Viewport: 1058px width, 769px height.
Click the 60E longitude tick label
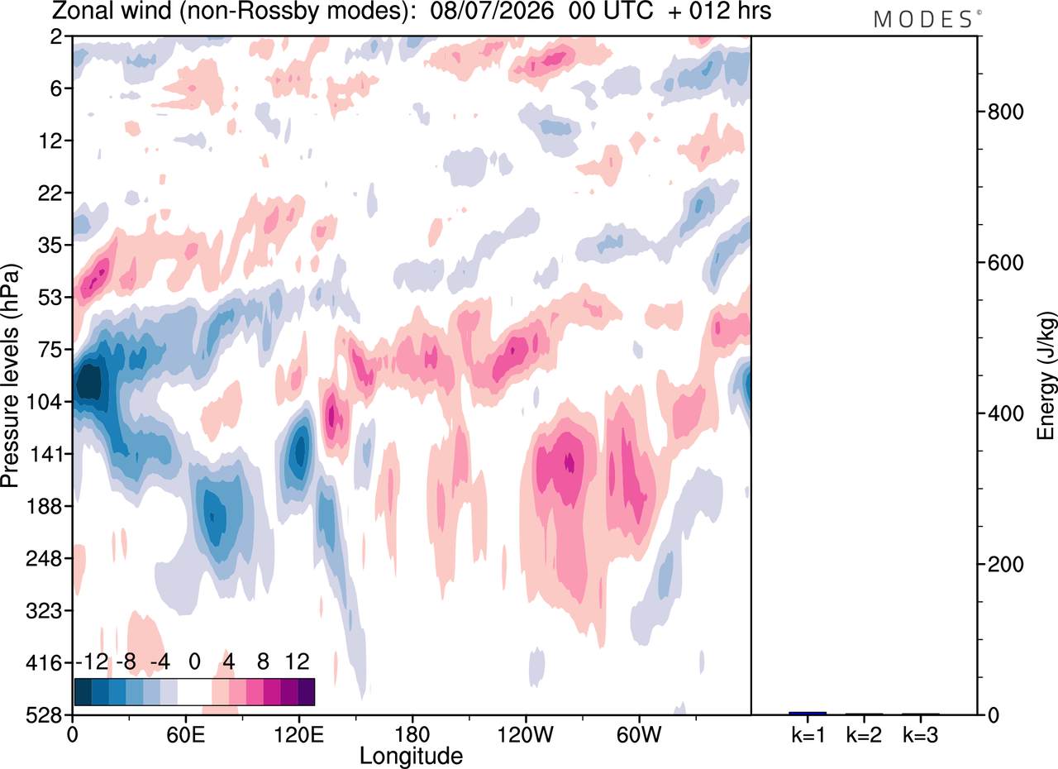click(x=186, y=735)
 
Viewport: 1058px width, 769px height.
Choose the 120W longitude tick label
click(x=526, y=735)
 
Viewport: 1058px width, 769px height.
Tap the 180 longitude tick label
click(x=412, y=735)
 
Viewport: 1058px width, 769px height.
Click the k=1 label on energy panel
click(x=808, y=735)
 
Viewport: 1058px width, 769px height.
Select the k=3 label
click(x=921, y=735)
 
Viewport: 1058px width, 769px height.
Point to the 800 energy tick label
click(x=1005, y=112)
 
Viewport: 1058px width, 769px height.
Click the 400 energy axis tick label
click(x=1005, y=413)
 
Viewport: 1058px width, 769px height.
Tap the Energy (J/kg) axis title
click(x=1046, y=376)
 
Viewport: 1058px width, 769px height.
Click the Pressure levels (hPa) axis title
click(x=11, y=376)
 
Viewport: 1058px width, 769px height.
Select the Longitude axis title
click(x=412, y=757)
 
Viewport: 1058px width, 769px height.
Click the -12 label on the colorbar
click(x=92, y=662)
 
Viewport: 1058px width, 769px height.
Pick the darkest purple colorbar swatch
click(x=306, y=692)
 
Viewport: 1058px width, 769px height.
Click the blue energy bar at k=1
click(x=808, y=714)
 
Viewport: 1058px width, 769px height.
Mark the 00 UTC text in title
click(x=611, y=11)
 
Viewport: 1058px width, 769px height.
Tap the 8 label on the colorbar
click(x=263, y=662)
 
